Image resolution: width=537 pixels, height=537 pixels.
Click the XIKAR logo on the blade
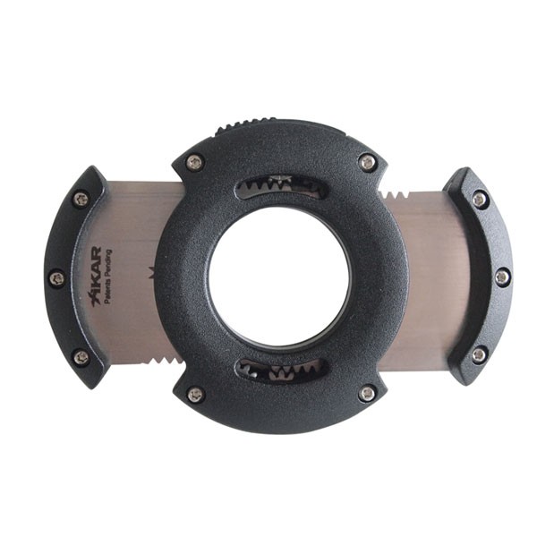[96, 276]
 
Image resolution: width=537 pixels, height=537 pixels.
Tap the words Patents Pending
[108, 277]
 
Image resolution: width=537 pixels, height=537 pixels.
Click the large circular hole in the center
[279, 278]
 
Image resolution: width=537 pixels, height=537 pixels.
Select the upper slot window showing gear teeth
[280, 186]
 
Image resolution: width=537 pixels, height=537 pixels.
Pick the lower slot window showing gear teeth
[282, 371]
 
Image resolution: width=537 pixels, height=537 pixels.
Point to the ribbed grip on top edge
[246, 125]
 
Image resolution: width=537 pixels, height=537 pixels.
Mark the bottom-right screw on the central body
[367, 394]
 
